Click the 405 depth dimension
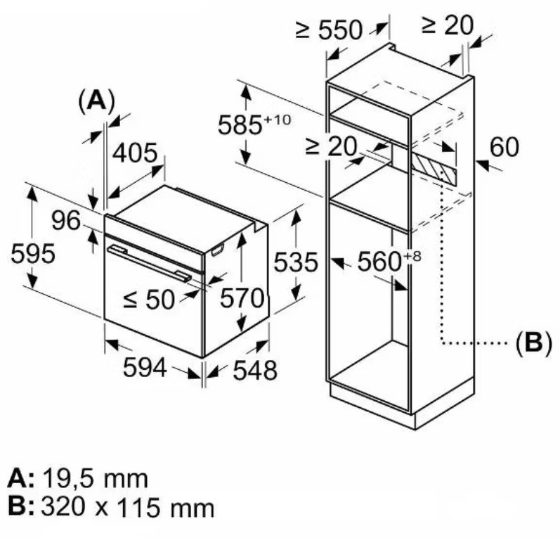click(135, 153)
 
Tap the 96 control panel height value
click(66, 220)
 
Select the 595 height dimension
click(33, 254)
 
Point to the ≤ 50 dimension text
click(148, 299)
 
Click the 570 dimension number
click(242, 297)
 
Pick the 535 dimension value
click(295, 262)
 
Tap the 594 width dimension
click(145, 367)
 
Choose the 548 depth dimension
click(254, 370)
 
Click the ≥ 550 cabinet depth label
click(329, 30)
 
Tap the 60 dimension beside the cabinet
click(504, 147)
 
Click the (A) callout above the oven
click(96, 101)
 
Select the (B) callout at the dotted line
click(533, 342)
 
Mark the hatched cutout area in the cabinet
click(434, 168)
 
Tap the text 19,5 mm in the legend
click(96, 479)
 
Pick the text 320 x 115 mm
click(127, 507)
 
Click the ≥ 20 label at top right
click(447, 25)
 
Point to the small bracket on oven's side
click(219, 250)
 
